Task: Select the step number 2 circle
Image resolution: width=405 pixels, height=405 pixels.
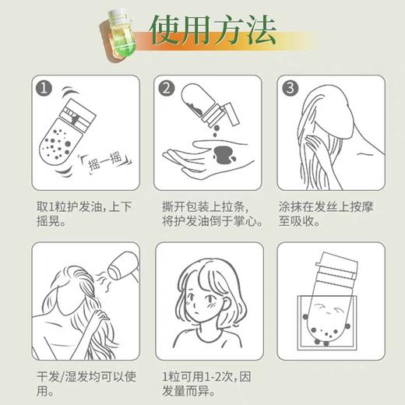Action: point(165,88)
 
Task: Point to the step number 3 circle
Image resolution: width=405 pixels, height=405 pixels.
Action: point(290,88)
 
